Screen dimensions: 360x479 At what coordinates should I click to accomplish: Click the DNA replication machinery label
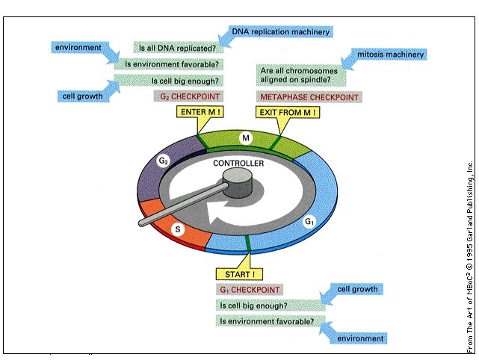pyautogui.click(x=280, y=32)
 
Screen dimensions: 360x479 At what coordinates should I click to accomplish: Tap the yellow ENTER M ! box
pyautogui.click(x=199, y=113)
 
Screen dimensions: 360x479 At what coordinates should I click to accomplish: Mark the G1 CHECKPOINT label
pyautogui.click(x=249, y=289)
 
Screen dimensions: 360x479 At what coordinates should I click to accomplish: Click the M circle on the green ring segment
pyautogui.click(x=245, y=138)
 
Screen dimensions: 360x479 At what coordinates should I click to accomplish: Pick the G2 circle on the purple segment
pyautogui.click(x=163, y=161)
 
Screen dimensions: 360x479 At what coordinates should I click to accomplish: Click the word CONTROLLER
pyautogui.click(x=238, y=163)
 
